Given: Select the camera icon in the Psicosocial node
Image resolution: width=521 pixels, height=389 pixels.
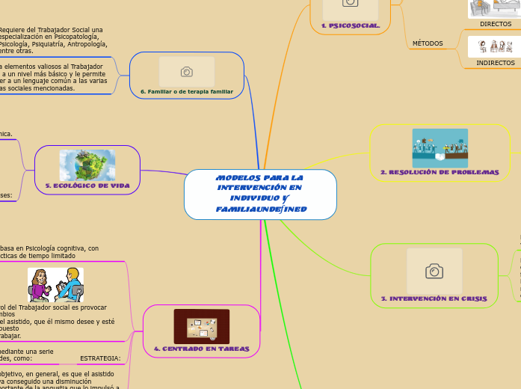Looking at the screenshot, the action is pyautogui.click(x=350, y=4).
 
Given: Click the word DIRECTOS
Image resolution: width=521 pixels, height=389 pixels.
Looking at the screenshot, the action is pyautogui.click(x=496, y=24).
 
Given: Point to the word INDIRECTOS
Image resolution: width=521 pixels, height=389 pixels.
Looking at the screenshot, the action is pyautogui.click(x=495, y=63).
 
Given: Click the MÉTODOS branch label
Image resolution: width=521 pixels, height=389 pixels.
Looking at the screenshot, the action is pyautogui.click(x=428, y=43).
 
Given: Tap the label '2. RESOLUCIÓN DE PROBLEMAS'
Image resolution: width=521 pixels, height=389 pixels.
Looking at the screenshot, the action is pyautogui.click(x=440, y=172).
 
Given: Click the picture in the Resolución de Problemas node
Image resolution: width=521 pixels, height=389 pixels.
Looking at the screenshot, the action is pyautogui.click(x=440, y=148).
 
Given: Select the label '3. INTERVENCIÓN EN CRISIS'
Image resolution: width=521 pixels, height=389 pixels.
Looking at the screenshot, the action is pyautogui.click(x=434, y=298).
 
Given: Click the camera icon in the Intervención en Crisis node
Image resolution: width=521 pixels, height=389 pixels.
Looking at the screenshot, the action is pyautogui.click(x=434, y=271).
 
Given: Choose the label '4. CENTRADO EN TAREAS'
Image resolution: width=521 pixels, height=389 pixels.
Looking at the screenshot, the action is pyautogui.click(x=201, y=349).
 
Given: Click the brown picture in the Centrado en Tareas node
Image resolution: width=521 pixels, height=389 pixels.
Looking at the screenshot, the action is pyautogui.click(x=201, y=326).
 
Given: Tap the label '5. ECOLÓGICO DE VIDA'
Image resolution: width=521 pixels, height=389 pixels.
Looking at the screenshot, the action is pyautogui.click(x=87, y=185).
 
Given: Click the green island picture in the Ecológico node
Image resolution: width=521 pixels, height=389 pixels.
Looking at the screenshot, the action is pyautogui.click(x=87, y=165).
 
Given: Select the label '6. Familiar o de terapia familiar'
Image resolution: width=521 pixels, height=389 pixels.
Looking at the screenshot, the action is pyautogui.click(x=187, y=91).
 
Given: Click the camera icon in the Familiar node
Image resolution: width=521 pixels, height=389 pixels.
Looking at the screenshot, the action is pyautogui.click(x=187, y=72).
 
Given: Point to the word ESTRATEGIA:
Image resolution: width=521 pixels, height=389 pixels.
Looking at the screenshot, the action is pyautogui.click(x=100, y=358).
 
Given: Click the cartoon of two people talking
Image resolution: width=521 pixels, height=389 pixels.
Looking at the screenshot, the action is pyautogui.click(x=55, y=285).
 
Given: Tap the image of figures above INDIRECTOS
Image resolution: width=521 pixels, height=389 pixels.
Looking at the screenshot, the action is pyautogui.click(x=494, y=47).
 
